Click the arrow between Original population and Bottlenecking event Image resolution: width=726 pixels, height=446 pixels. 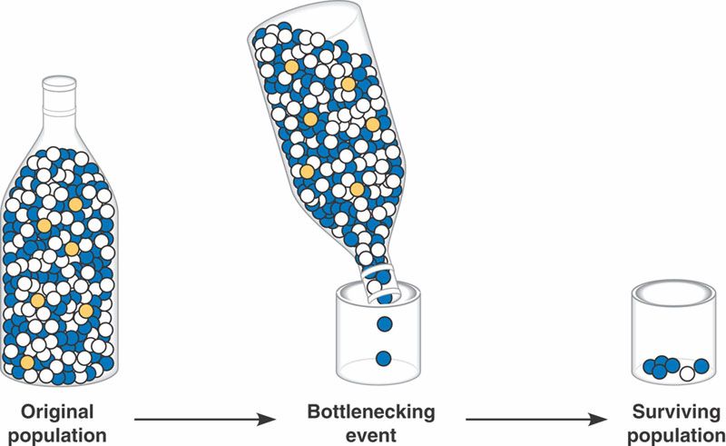[204, 420]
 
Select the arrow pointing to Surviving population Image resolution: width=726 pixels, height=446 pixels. [536, 420]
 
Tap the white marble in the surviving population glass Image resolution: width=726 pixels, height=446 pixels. [689, 372]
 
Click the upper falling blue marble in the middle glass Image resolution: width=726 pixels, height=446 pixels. [383, 323]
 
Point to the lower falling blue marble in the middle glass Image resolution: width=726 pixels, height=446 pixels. [383, 357]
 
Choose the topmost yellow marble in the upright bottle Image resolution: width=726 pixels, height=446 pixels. [74, 205]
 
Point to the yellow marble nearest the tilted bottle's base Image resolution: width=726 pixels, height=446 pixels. [290, 66]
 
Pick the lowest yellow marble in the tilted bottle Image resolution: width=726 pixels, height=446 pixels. [357, 189]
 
